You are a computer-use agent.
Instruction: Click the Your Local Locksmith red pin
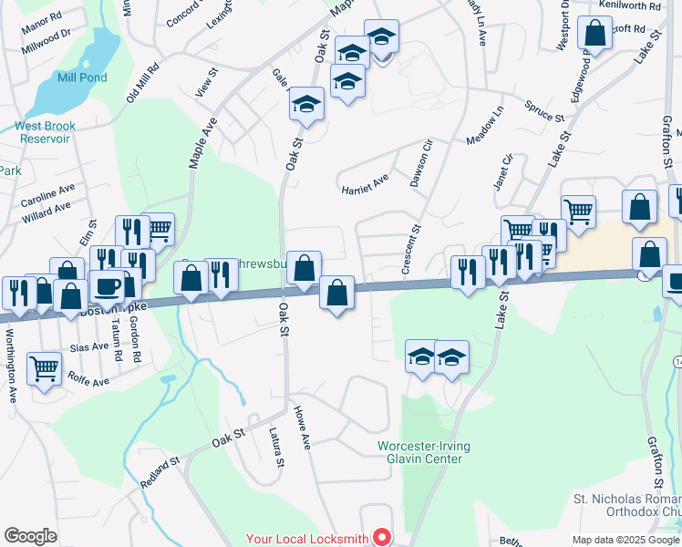[383, 539]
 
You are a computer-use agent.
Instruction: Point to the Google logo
[30, 536]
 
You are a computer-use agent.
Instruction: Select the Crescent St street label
[413, 241]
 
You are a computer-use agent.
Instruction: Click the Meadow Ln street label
[485, 127]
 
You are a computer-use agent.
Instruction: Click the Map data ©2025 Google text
[625, 540]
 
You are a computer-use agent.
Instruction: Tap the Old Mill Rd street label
[143, 82]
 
